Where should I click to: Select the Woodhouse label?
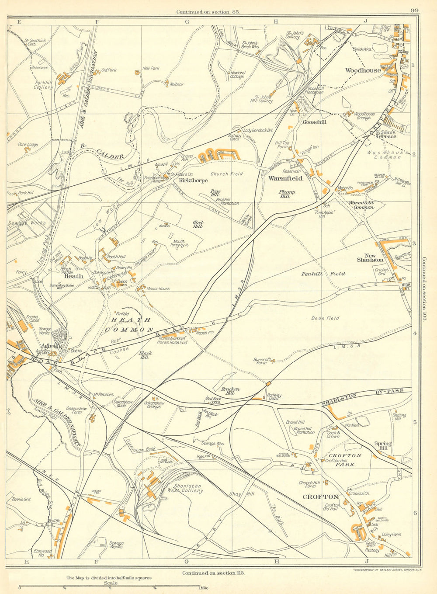363,70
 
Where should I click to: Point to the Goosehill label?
315,123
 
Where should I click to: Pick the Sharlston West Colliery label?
187,488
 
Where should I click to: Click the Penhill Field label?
323,274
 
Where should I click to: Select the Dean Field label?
325,319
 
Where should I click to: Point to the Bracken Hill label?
230,391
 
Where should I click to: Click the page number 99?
415,11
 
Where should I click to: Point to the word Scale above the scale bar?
111,583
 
